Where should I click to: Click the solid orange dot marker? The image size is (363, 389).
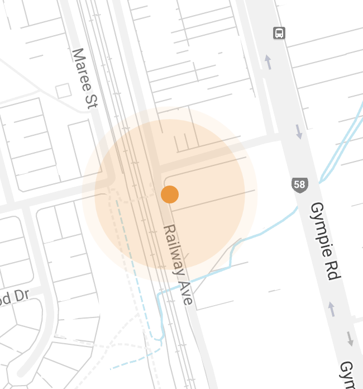[x=170, y=194]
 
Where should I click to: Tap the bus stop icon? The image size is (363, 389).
[x=279, y=33]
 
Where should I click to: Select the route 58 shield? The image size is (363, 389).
[x=300, y=184]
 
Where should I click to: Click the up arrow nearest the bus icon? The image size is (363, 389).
[x=268, y=61]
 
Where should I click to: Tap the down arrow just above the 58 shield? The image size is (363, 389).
[x=299, y=132]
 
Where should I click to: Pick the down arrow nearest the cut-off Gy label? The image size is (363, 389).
[x=350, y=338]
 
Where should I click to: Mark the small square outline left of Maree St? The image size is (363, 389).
[x=63, y=91]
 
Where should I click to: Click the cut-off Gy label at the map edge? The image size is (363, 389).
[x=348, y=374]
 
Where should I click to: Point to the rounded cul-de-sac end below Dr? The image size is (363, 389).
[x=20, y=371]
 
